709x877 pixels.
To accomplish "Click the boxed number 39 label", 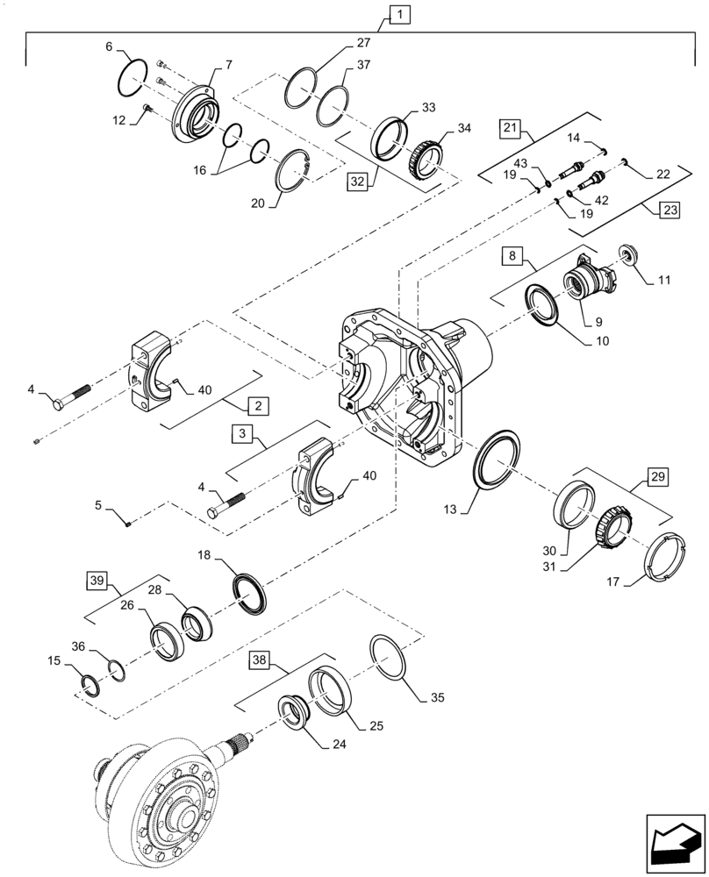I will click(x=97, y=580).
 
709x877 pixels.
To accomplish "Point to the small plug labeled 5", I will click(x=129, y=524).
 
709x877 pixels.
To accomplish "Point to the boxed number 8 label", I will click(x=513, y=257).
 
